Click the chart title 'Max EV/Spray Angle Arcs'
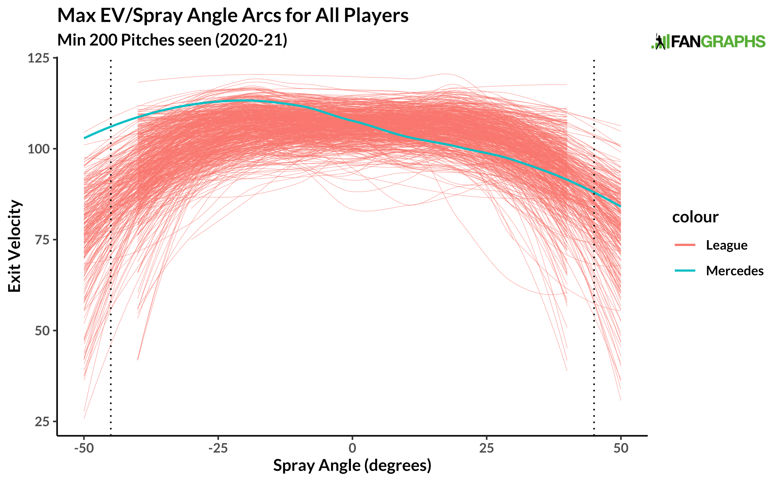point(233,16)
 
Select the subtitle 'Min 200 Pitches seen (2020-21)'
point(172,40)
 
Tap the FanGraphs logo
point(708,42)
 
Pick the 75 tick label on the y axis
point(41,240)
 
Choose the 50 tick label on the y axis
point(41,331)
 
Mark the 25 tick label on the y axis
point(41,422)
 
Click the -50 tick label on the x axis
point(84,448)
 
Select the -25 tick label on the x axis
point(218,448)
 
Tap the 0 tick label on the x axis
point(352,448)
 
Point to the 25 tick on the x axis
point(486,448)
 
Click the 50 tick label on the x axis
point(621,448)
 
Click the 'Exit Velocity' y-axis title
point(15,246)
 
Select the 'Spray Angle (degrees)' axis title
point(352,466)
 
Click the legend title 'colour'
point(695,217)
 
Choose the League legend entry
point(726,245)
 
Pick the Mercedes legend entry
point(734,270)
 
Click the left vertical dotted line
point(111,250)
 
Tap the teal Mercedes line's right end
point(620,206)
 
